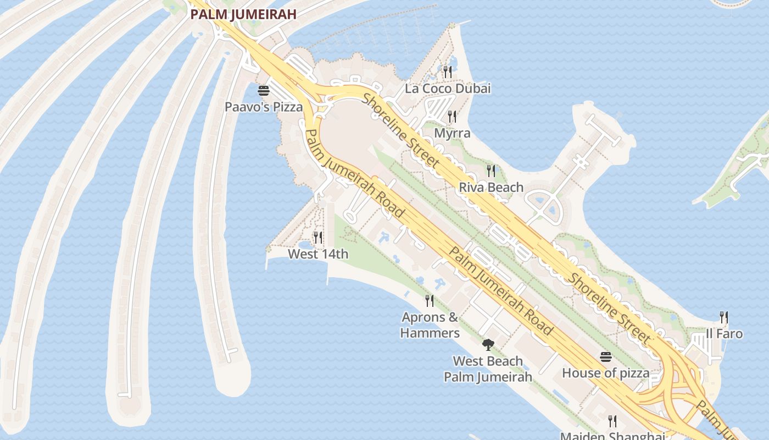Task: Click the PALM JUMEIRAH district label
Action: click(243, 14)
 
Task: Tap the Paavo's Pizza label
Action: click(264, 107)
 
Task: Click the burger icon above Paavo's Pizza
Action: click(264, 90)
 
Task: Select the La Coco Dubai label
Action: click(448, 88)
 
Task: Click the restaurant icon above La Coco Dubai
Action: click(448, 71)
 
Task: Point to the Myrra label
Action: click(452, 133)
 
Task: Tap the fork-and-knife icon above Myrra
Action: click(452, 116)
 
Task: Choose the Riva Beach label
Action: click(491, 187)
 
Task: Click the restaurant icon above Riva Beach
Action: click(491, 170)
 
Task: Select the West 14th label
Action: click(318, 254)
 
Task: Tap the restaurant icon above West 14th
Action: click(318, 237)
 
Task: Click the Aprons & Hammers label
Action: click(430, 325)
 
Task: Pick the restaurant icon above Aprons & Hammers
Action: click(430, 300)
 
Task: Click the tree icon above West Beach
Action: click(488, 345)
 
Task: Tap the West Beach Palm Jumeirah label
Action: click(488, 369)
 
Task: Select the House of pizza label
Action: click(605, 373)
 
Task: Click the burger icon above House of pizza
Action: click(605, 357)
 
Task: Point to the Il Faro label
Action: click(724, 333)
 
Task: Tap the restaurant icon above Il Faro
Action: click(724, 317)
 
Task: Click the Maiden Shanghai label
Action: click(612, 436)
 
